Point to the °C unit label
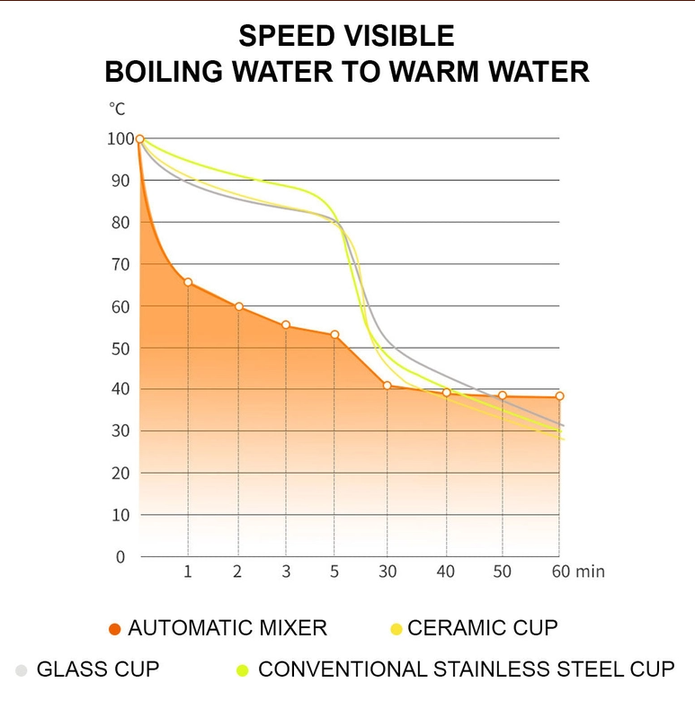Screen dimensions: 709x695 click(117, 109)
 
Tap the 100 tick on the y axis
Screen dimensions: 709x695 click(119, 138)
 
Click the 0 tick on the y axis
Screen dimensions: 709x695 click(120, 557)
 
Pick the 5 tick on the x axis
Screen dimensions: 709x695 click(334, 572)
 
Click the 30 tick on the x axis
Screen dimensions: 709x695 click(387, 572)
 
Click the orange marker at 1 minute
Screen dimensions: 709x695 click(188, 282)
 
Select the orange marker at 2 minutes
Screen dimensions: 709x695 click(238, 306)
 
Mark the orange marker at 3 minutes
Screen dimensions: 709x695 click(286, 325)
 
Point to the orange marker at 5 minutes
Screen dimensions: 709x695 click(334, 335)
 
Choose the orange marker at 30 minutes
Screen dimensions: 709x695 click(388, 386)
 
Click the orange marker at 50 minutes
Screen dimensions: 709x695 click(503, 395)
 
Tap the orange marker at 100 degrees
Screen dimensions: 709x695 click(139, 139)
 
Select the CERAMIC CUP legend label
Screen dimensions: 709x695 click(483, 628)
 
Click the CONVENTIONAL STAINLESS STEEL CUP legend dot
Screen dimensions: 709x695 click(242, 670)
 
